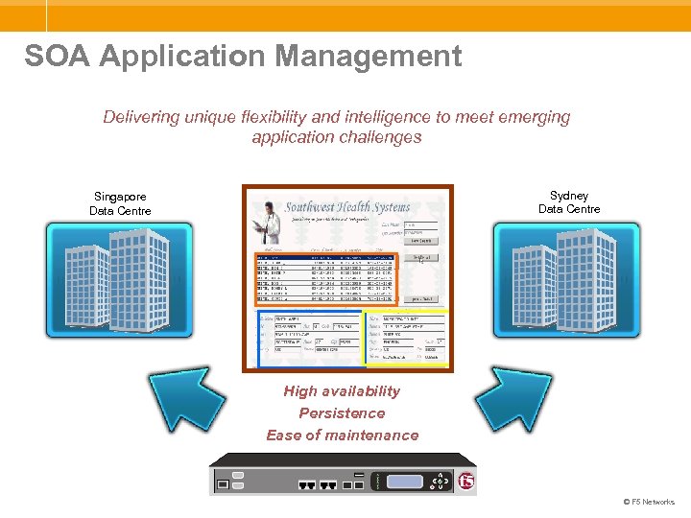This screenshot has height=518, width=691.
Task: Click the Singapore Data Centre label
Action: (120, 203)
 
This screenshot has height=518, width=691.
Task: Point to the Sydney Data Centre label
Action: (569, 202)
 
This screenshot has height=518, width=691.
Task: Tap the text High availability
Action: (342, 391)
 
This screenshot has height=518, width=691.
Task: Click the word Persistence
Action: (342, 413)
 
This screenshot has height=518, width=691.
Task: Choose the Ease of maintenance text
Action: (343, 436)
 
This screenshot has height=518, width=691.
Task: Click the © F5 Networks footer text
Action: (649, 502)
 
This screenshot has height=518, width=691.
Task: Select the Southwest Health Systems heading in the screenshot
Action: (347, 206)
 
